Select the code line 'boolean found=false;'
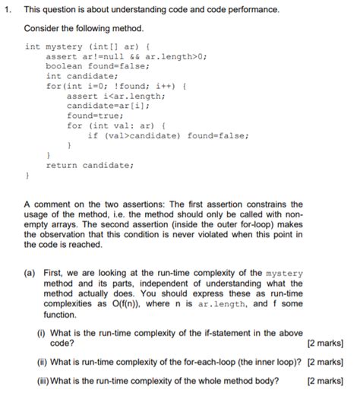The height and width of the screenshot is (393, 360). (x=96, y=66)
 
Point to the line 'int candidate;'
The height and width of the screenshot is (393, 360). (x=81, y=76)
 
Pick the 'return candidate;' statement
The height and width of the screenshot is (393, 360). (x=89, y=164)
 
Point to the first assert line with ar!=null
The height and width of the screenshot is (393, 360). (x=126, y=56)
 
